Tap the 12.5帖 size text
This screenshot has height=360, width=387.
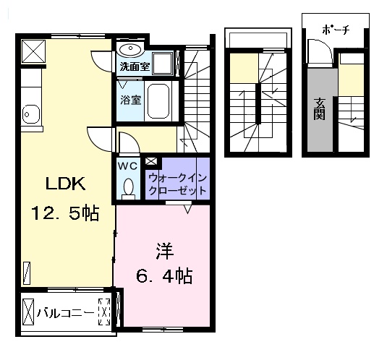tap(64, 213)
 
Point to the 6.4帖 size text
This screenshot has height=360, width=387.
tap(165, 275)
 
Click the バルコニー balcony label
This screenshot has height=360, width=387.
tap(64, 313)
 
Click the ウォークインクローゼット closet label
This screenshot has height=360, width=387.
tap(177, 184)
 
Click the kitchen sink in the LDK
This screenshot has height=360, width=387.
tap(30, 113)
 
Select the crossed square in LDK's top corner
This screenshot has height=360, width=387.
tap(34, 51)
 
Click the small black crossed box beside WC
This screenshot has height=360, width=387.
tap(151, 162)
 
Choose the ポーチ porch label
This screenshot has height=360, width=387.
tap(336, 30)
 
